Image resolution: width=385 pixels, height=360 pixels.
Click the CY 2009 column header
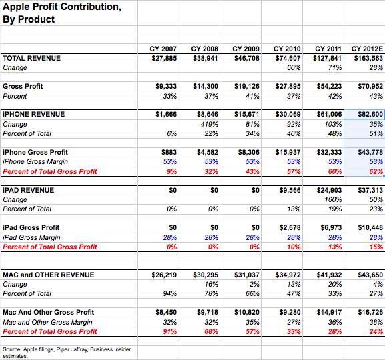coord(246,49)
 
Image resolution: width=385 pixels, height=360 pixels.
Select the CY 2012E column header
coord(367,49)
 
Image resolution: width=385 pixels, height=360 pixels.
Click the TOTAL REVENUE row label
coord(31,58)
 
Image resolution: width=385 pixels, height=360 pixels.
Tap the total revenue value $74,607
coord(288,58)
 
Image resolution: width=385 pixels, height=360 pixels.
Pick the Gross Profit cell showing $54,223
coord(329,87)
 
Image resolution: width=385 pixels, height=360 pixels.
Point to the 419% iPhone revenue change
coord(210,124)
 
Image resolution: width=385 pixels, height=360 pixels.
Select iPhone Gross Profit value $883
coord(169,153)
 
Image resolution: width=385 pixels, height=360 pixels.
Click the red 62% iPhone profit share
coord(376,171)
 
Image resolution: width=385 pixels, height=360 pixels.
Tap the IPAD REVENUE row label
coord(29,190)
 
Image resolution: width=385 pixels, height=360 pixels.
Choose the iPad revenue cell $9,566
coord(290,190)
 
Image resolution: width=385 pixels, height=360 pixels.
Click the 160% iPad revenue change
coord(333,199)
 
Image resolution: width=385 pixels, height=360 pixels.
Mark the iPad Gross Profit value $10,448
coord(370,228)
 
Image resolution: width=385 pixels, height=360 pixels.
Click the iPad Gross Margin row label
coord(31,237)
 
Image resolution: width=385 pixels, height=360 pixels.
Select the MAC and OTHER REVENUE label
coord(49,275)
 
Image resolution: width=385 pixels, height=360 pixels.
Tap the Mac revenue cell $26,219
coord(164,275)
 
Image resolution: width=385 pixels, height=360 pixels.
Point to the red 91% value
coord(170,331)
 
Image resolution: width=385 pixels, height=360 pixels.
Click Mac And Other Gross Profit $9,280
coord(290,313)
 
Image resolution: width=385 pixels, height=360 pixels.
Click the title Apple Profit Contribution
coord(62,7)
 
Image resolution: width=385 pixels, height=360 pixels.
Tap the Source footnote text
coord(67,353)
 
